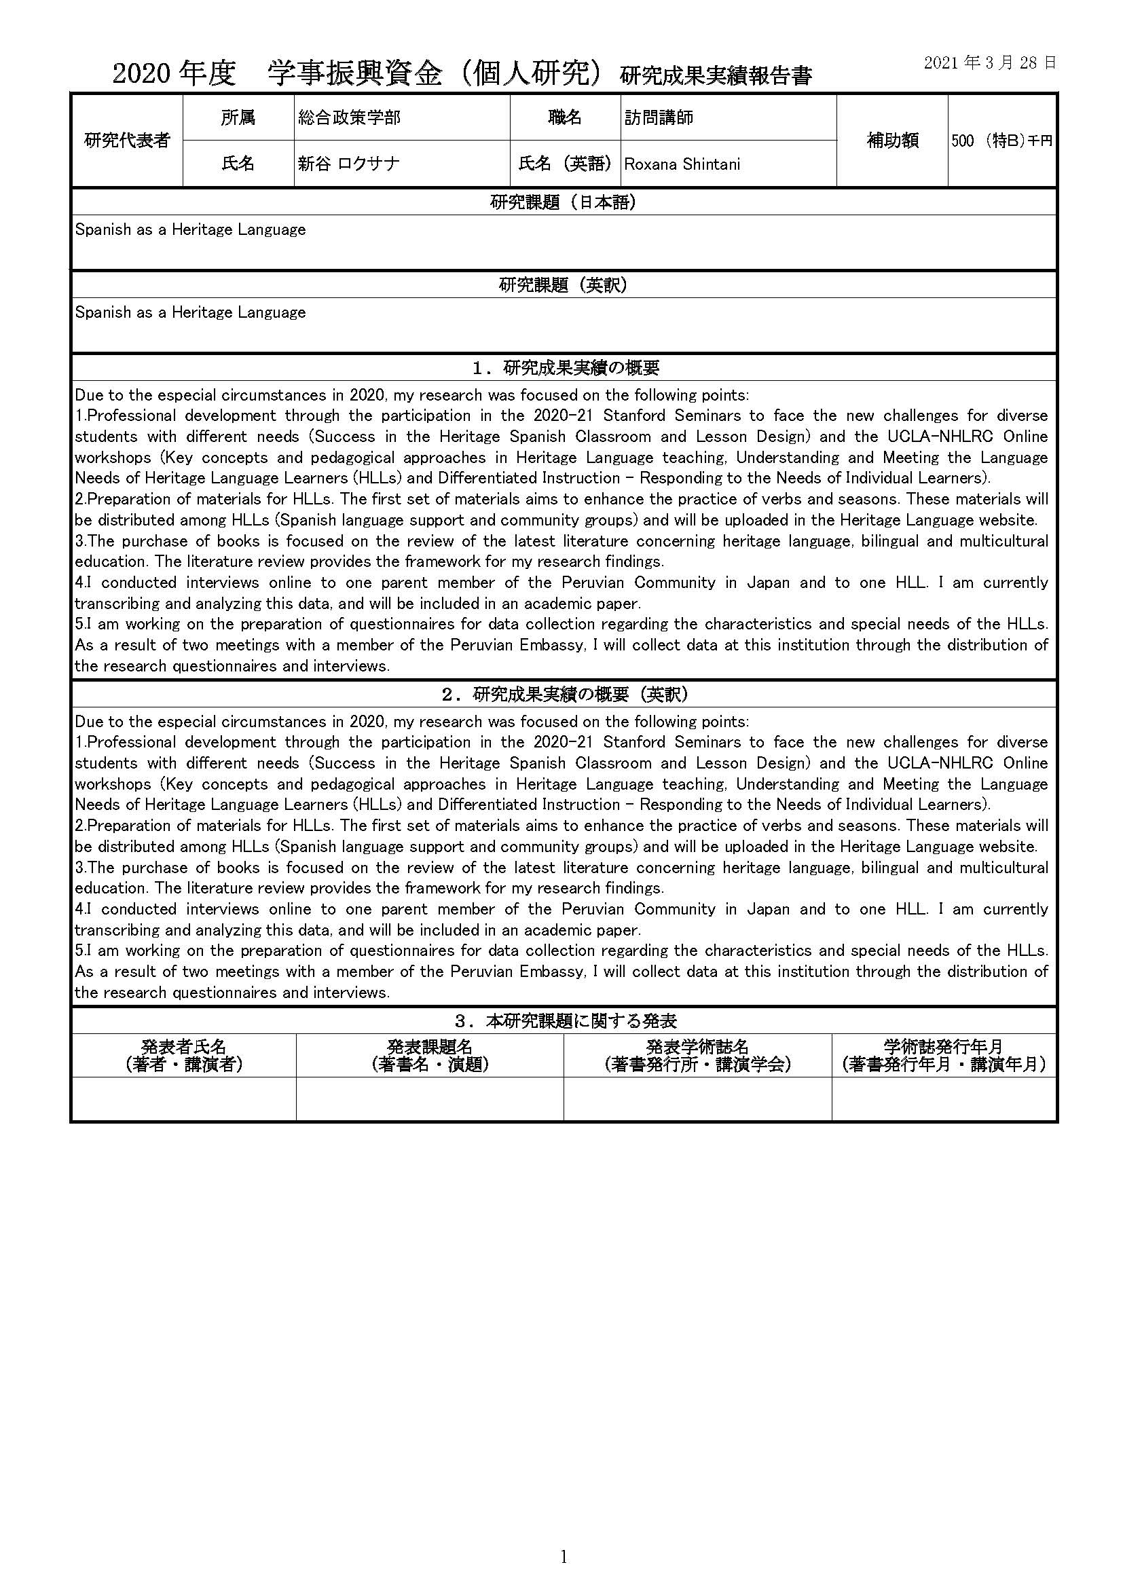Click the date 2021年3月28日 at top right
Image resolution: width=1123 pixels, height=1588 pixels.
(989, 63)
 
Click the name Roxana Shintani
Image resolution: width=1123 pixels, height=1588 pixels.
(682, 164)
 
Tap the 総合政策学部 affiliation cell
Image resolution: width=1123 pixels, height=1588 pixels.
(349, 117)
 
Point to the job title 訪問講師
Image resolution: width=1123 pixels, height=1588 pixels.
(659, 117)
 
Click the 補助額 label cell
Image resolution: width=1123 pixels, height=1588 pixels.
(892, 141)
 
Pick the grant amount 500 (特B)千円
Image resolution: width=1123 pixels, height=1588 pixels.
(1001, 141)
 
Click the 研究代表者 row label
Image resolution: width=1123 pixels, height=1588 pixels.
(126, 141)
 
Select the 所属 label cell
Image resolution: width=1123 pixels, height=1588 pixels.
(238, 117)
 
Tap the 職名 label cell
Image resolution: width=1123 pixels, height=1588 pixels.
(565, 117)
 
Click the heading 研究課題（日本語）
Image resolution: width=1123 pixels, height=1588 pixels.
(563, 202)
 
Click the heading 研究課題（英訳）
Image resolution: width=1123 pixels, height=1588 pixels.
(563, 285)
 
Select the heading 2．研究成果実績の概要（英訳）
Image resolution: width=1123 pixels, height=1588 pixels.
(564, 695)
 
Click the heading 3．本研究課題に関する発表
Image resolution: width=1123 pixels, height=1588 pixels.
(564, 1021)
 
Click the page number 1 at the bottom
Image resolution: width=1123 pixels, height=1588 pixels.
(563, 1557)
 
